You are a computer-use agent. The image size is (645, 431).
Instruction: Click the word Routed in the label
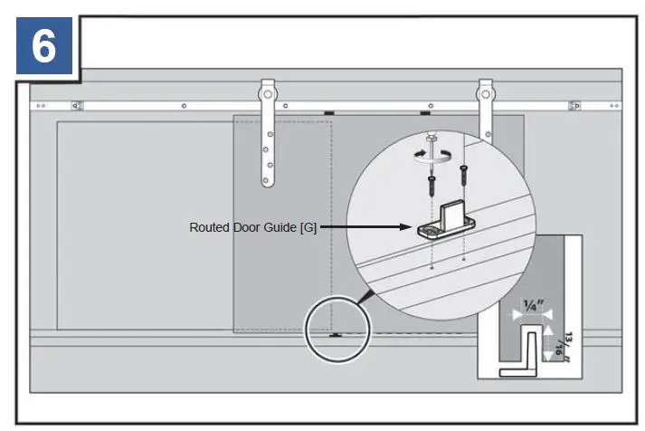[x=208, y=227]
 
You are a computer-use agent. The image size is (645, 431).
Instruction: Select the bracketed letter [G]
[x=308, y=227]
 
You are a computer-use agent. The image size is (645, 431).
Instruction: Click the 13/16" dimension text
[x=568, y=347]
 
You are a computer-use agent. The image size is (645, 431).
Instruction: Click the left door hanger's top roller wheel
[x=267, y=91]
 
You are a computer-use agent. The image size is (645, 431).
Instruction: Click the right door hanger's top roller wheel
[x=487, y=91]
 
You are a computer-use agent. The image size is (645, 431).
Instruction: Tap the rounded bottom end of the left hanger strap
[x=268, y=185]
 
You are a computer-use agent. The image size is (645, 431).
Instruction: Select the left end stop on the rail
[x=77, y=106]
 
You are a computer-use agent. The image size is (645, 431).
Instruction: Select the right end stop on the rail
[x=574, y=106]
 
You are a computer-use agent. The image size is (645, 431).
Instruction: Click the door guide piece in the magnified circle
[x=448, y=222]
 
